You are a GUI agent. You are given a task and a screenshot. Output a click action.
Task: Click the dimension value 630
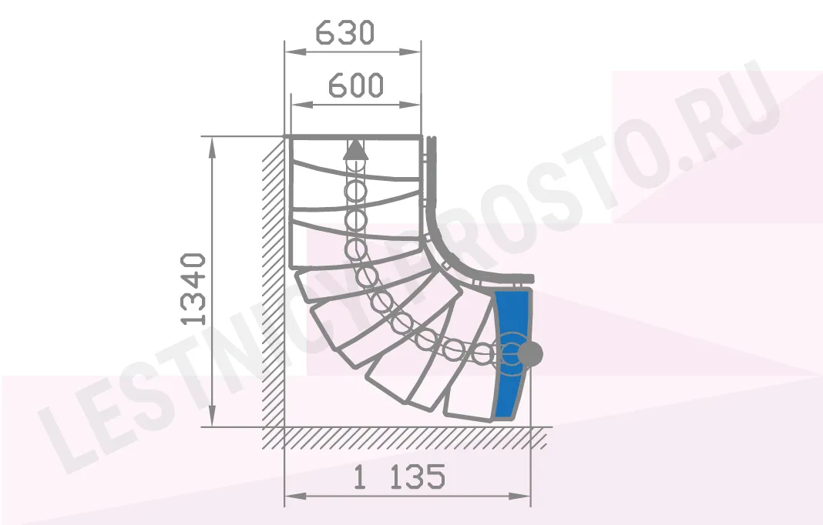344,33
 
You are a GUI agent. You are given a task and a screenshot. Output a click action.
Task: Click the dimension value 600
356,85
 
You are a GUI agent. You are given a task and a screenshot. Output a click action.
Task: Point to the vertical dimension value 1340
193,289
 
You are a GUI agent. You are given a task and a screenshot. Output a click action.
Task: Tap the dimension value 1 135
399,477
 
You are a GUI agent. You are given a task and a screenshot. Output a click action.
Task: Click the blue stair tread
512,354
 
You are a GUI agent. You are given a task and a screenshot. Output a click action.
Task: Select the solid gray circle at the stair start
530,355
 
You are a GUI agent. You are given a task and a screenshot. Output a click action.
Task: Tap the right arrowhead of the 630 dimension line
410,52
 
